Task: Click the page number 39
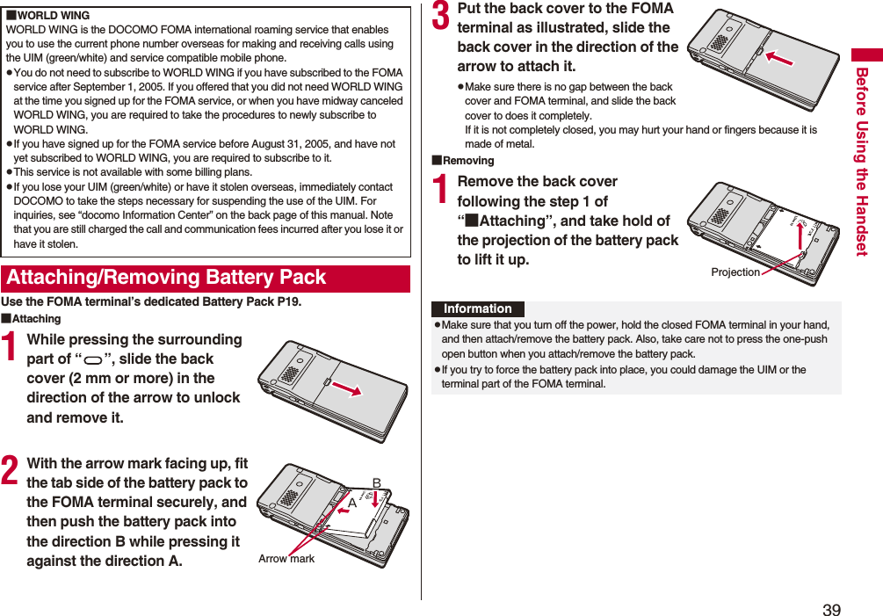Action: click(831, 610)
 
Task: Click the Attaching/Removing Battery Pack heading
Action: click(166, 278)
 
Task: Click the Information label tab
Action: click(477, 308)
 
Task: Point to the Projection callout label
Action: click(735, 272)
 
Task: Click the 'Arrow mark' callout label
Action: click(286, 559)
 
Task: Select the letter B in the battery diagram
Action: click(376, 483)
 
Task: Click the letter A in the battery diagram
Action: click(351, 502)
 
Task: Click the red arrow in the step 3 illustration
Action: click(778, 57)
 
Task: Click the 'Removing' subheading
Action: click(467, 161)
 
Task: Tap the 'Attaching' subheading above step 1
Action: click(36, 319)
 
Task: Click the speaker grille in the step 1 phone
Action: click(288, 373)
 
